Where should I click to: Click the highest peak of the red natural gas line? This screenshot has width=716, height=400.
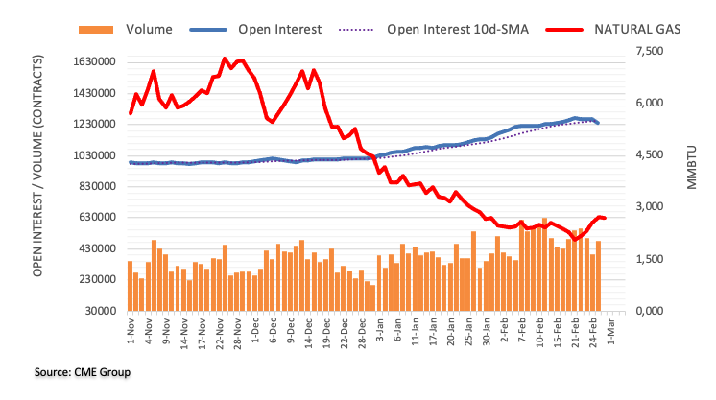click(x=225, y=59)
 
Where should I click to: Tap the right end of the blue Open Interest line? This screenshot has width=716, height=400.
click(x=599, y=123)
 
